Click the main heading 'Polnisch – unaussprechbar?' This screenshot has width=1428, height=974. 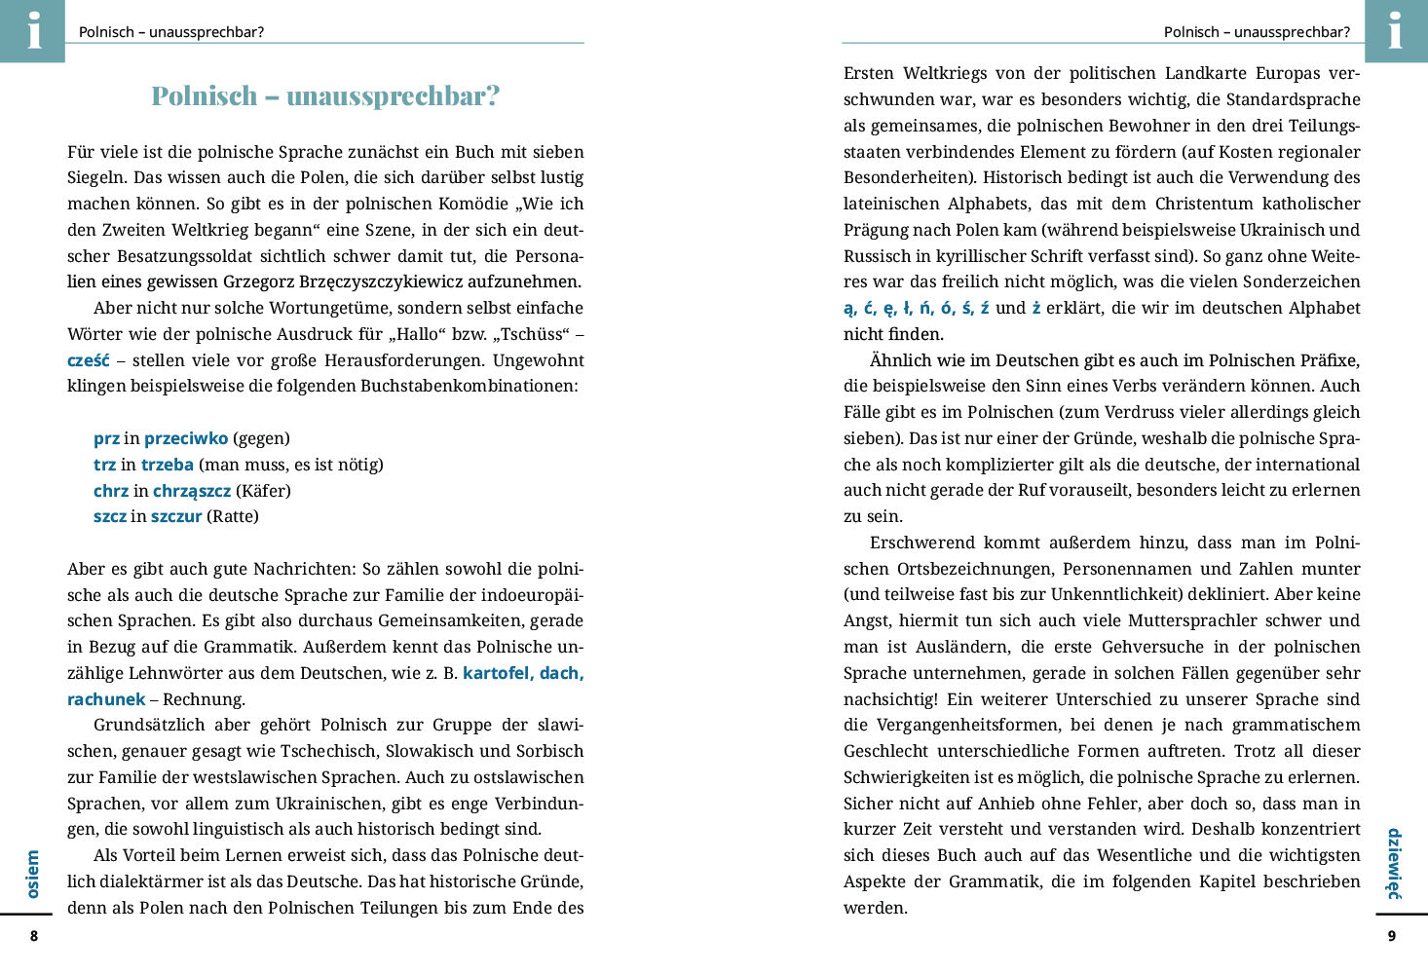(325, 95)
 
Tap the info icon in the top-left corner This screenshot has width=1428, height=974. (33, 30)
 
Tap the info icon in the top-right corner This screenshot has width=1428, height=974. (1395, 30)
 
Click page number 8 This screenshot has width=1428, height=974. (34, 936)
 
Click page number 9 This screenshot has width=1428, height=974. (1391, 936)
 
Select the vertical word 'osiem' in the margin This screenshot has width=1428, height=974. (33, 874)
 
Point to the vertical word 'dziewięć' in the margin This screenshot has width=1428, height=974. (1394, 863)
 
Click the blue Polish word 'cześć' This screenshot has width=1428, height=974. (88, 360)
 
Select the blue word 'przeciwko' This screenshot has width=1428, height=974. (186, 438)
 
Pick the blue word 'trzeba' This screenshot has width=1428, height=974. (168, 465)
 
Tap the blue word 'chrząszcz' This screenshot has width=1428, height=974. (192, 491)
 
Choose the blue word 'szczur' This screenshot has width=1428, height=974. (176, 516)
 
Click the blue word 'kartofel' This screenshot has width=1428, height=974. (497, 673)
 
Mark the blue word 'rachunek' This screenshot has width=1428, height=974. (106, 699)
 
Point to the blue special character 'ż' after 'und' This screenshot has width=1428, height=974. (1035, 308)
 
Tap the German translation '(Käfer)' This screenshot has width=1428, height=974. (263, 491)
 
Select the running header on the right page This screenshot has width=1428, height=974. (1257, 32)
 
